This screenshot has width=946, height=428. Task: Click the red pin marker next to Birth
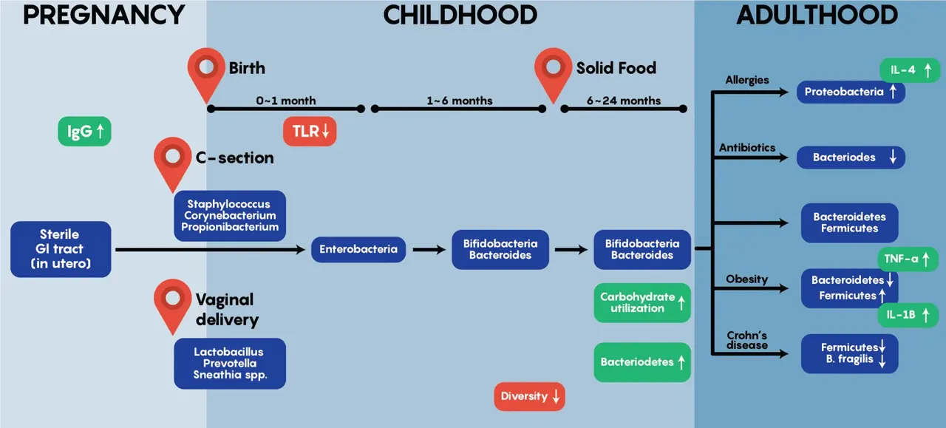pyautogui.click(x=206, y=72)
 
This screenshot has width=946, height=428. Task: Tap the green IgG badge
pyautogui.click(x=84, y=132)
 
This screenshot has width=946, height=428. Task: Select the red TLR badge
pyautogui.click(x=310, y=132)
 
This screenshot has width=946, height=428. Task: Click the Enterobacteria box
pyautogui.click(x=358, y=249)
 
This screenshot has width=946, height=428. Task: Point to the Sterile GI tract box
pyautogui.click(x=61, y=249)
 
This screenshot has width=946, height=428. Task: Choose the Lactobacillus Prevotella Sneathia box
pyautogui.click(x=230, y=364)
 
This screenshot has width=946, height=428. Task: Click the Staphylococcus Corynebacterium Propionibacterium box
pyautogui.click(x=230, y=216)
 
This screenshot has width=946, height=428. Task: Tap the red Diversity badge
pyautogui.click(x=530, y=396)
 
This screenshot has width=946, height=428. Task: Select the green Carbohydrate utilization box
pyautogui.click(x=642, y=302)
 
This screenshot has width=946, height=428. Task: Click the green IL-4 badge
pyautogui.click(x=910, y=69)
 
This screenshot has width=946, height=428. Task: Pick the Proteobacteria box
pyautogui.click(x=851, y=92)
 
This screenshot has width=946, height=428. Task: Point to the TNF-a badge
pyautogui.click(x=908, y=259)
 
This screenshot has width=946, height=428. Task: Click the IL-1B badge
pyautogui.click(x=908, y=315)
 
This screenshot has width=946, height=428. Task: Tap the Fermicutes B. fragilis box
pyautogui.click(x=850, y=353)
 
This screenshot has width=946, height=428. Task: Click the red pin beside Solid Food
pyautogui.click(x=553, y=72)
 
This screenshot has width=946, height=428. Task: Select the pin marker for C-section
pyautogui.click(x=172, y=161)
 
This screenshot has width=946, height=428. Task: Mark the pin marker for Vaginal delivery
pyautogui.click(x=172, y=303)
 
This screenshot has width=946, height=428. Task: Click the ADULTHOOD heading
pyautogui.click(x=817, y=16)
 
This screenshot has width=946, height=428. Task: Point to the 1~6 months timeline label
pyautogui.click(x=460, y=101)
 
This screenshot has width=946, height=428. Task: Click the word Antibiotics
pyautogui.click(x=747, y=147)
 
